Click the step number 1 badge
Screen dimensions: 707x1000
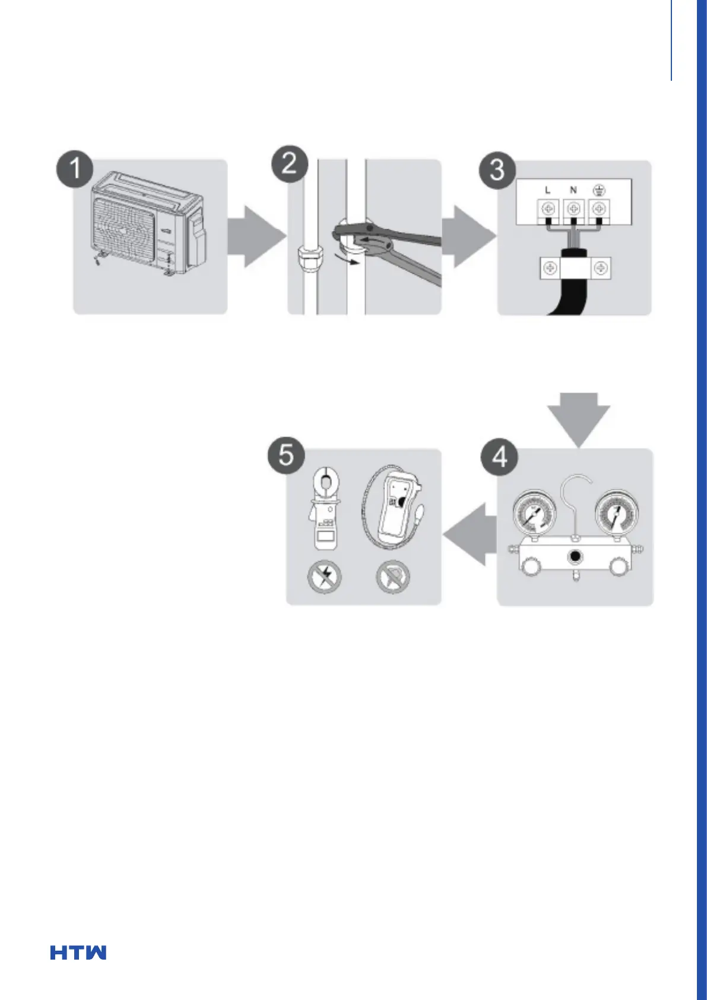75,169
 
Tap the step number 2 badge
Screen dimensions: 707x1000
290,163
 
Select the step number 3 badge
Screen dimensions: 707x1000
497,170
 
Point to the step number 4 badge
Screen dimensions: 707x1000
499,458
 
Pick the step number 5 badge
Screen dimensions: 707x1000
287,455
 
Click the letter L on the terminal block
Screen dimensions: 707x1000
548,191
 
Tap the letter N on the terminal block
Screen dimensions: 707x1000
573,191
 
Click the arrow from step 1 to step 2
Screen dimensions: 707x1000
256,236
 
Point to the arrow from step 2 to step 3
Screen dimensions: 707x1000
468,236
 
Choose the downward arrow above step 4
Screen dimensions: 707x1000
579,420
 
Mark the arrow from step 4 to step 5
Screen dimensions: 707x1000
470,534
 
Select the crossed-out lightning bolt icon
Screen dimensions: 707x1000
325,577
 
